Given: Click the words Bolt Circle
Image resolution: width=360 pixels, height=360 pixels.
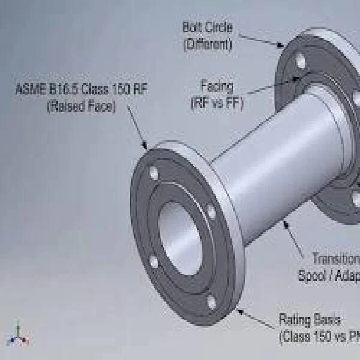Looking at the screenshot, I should [207, 27].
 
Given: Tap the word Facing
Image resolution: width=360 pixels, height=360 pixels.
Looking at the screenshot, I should [217, 86].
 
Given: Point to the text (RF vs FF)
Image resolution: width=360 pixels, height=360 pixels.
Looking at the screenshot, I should [217, 101].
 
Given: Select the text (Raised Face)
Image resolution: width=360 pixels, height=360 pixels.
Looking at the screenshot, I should [81, 107].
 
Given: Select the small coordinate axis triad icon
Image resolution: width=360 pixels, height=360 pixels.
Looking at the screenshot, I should [18, 337].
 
